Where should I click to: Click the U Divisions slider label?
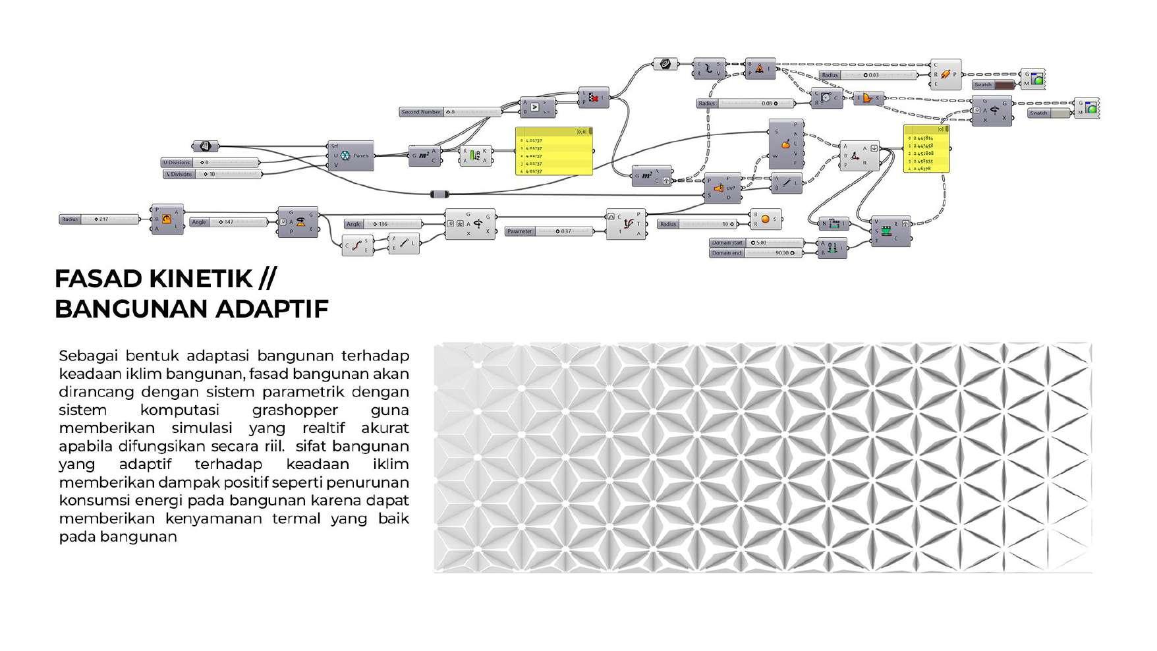177,162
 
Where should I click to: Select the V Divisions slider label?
179,174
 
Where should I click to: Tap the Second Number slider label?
421,112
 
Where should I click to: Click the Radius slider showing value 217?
99,219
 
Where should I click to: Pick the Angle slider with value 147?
228,222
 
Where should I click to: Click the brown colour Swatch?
994,85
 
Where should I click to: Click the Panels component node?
351,156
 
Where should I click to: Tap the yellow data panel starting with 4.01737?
553,152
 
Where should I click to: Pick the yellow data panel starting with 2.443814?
926,150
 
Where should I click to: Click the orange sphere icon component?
766,219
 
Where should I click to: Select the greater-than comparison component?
538,107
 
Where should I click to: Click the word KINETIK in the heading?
201,279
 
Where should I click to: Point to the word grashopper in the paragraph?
295,410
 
